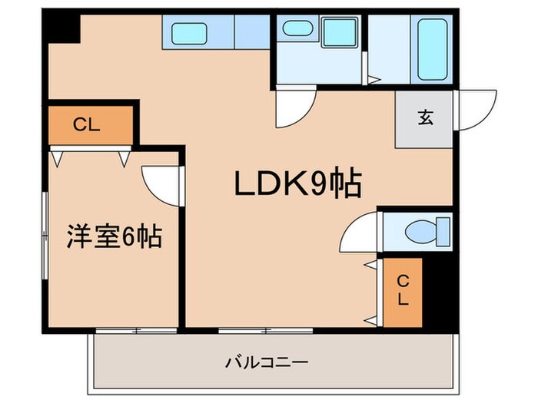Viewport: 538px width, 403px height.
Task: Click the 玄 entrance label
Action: [424, 119]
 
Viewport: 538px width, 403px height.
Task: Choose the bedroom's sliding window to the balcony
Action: [137, 331]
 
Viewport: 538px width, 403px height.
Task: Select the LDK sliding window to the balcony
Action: [265, 331]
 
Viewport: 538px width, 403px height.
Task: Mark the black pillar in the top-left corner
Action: [61, 29]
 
